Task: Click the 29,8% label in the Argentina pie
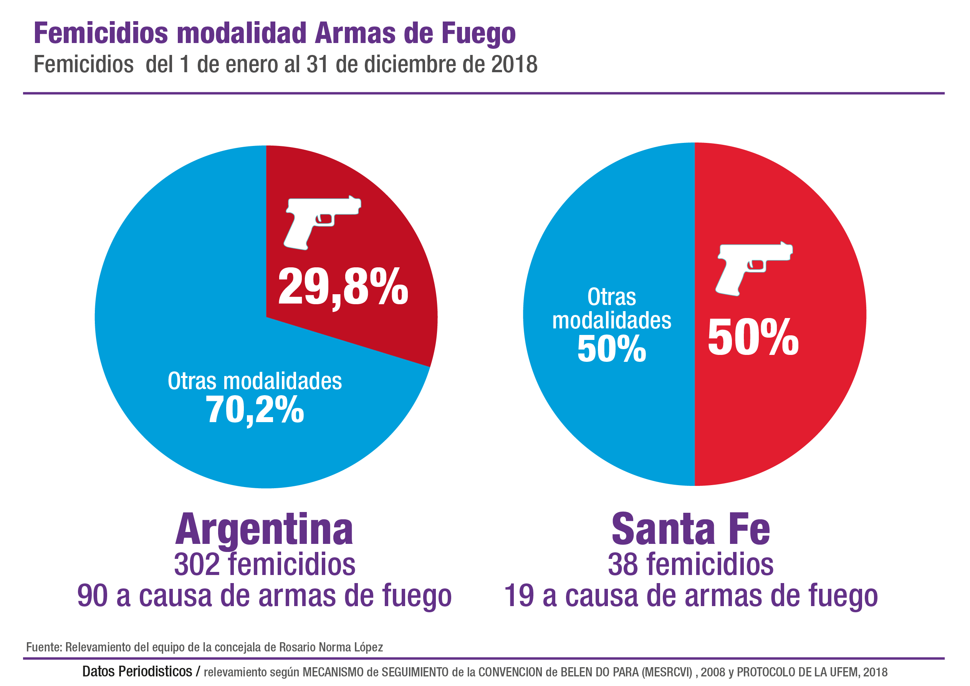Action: click(x=343, y=287)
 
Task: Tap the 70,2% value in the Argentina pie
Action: click(x=255, y=409)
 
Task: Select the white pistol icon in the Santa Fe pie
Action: click(x=754, y=268)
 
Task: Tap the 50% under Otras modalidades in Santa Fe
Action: click(x=612, y=349)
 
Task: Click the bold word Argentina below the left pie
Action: click(x=264, y=530)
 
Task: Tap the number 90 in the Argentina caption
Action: click(x=92, y=596)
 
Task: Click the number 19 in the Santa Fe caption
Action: click(x=519, y=596)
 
